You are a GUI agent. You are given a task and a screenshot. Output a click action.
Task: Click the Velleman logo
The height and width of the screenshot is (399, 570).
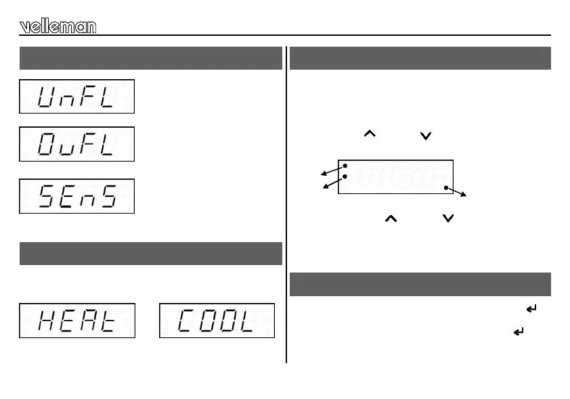pos(58,26)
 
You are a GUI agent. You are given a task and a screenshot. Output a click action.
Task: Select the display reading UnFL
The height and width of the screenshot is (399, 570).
pos(76,97)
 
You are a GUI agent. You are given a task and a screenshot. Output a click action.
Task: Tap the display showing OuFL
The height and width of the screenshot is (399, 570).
pos(76,144)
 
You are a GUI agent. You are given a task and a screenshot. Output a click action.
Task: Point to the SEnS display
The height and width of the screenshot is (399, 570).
pos(76,196)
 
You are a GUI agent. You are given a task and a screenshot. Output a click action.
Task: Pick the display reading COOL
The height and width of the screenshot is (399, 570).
pos(217,321)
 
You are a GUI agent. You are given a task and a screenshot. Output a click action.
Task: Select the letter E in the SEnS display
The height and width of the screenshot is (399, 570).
pos(68,197)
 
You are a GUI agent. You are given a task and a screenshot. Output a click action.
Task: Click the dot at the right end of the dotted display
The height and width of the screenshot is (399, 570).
pos(446,187)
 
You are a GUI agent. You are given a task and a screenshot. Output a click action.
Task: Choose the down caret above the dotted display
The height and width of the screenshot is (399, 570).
pos(425,135)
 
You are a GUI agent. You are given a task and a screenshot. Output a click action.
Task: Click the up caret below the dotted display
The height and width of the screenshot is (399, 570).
pos(390,218)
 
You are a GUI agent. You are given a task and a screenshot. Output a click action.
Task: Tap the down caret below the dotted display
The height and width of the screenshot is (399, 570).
pos(446,218)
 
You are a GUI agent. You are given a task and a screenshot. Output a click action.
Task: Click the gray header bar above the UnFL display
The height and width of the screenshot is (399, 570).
pos(150,58)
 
